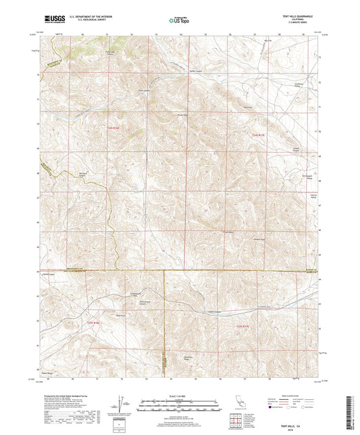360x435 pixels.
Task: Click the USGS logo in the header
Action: (51, 20)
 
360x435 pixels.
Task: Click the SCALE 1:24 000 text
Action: (180, 394)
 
